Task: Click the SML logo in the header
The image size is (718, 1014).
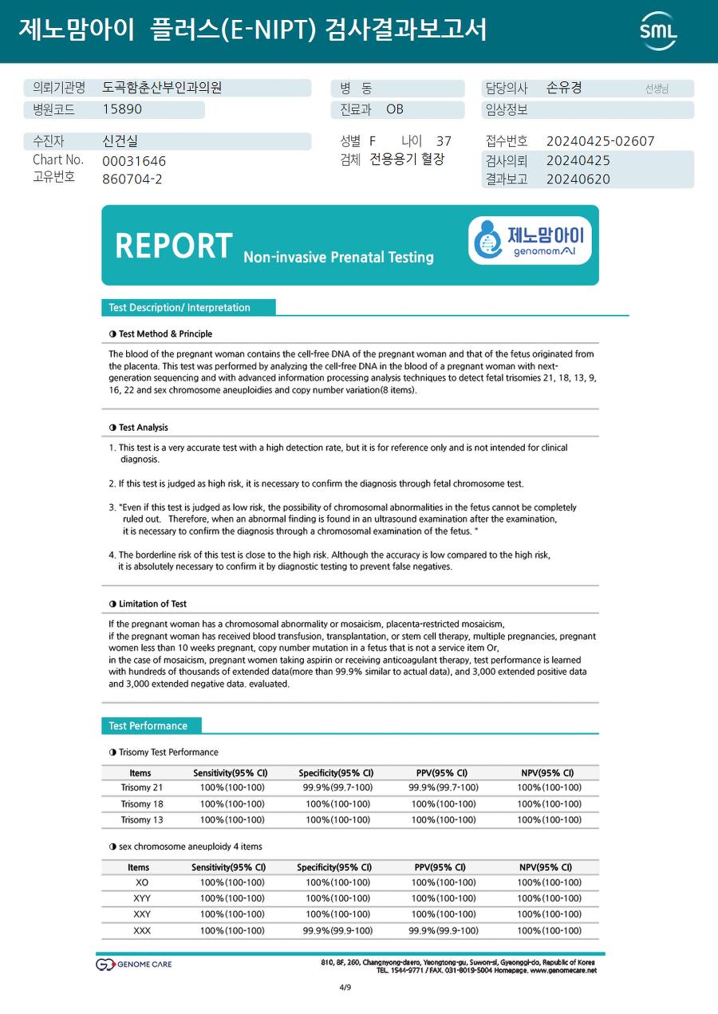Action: pos(658,30)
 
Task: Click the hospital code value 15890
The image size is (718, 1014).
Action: pos(122,110)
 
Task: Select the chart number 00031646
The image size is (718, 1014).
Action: pos(134,161)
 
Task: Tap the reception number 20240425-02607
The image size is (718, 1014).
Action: pos(600,141)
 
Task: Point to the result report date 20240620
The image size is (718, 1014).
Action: pos(578,180)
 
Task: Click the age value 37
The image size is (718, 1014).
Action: pos(444,141)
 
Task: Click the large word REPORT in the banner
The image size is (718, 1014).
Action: pos(174,246)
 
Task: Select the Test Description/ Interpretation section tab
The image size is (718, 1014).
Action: pos(179,308)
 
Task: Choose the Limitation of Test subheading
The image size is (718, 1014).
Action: pos(152,604)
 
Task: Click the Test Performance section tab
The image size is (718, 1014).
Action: pos(148,726)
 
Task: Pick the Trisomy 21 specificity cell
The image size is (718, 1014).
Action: pos(337,787)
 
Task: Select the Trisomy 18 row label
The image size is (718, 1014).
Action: pos(142,804)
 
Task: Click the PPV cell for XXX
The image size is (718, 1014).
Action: pos(444,930)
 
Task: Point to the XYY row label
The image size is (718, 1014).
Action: pos(142,898)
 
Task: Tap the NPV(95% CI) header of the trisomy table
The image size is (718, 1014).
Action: pos(547,772)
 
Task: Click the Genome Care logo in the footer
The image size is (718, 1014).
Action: pos(134,965)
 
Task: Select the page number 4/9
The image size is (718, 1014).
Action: pos(345,988)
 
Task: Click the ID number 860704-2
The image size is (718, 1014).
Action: pos(132,180)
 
